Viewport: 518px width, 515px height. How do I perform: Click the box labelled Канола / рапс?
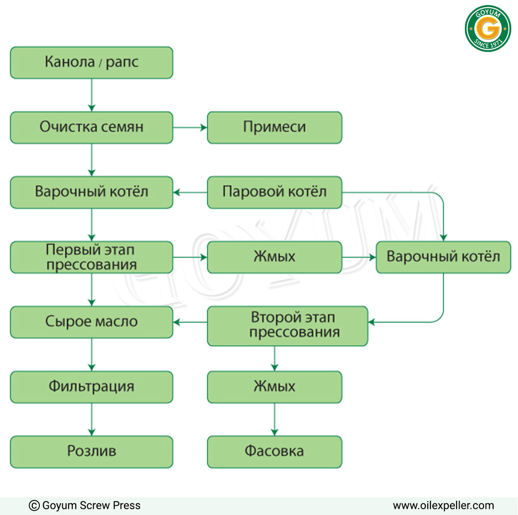92,62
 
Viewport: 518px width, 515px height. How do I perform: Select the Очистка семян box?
92,127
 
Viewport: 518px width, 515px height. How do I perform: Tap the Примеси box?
274,127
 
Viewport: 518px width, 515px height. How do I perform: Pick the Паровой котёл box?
274,192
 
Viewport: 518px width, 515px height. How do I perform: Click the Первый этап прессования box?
92,257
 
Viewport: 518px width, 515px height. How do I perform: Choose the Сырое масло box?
92,322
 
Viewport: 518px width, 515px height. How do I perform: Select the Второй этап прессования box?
287,326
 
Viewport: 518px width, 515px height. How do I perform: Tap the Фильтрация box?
92,386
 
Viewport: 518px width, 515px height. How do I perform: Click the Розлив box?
92,452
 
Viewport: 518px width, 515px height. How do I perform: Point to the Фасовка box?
274,452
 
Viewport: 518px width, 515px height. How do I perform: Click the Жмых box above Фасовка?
274,386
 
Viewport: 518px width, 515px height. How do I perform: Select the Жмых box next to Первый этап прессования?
274,257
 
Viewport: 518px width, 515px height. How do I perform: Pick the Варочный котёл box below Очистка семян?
92,192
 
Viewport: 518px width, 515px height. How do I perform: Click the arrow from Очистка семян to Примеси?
190,127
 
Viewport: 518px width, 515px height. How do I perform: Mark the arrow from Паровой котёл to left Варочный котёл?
190,192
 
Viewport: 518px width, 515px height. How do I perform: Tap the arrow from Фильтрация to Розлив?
92,419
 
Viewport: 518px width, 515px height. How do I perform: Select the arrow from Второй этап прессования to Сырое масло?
190,322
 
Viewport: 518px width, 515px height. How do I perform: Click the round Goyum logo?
487,28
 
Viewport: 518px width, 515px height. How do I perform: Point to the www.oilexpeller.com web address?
443,505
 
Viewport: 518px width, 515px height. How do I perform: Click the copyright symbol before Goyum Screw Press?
34,505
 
